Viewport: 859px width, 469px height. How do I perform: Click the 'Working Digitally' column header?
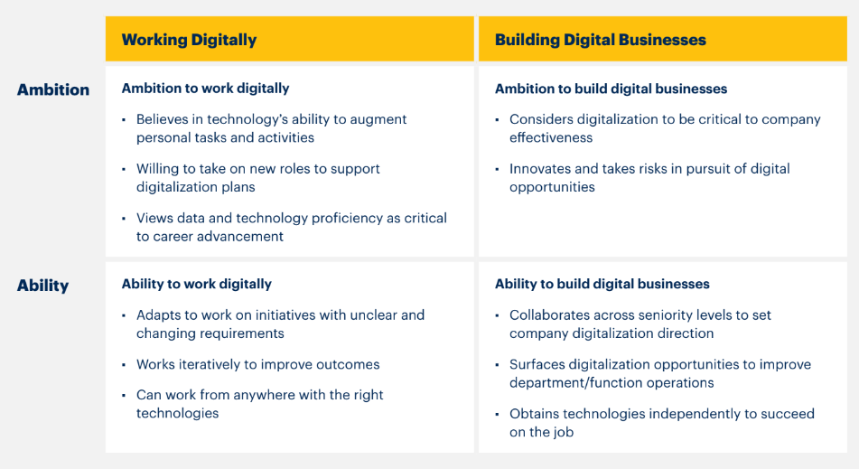189,40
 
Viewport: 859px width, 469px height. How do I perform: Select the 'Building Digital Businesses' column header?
601,40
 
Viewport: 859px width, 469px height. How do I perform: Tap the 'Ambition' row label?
53,89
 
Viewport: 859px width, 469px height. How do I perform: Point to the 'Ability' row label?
42,286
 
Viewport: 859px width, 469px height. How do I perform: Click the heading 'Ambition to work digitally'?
205,89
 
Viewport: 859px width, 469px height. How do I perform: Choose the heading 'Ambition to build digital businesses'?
611,89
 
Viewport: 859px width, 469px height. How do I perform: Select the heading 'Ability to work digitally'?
197,285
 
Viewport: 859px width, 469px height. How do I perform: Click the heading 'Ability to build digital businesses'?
602,284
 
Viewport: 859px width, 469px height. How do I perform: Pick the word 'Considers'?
541,119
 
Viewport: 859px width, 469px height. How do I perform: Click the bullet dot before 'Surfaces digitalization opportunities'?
498,365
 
